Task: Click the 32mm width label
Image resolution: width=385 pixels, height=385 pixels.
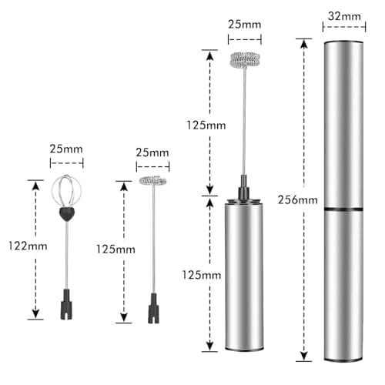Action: point(344,16)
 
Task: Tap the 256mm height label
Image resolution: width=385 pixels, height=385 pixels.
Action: point(298,200)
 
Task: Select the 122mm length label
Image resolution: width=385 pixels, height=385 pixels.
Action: point(28,246)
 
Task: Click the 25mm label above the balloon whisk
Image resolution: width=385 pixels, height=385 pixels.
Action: point(66,149)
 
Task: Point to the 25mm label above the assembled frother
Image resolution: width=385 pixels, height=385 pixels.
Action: point(245,25)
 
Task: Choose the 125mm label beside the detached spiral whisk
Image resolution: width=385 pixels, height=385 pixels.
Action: point(115,249)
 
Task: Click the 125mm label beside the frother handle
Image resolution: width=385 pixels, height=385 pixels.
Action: point(202,275)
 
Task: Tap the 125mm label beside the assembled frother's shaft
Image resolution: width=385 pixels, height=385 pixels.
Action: point(206,126)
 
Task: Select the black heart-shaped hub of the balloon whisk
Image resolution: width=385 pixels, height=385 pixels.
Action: point(67,214)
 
